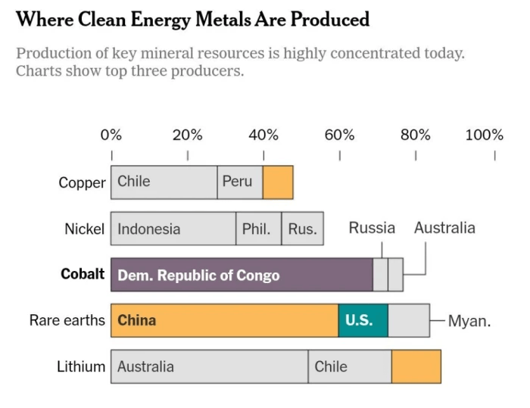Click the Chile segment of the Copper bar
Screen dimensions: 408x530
click(x=164, y=182)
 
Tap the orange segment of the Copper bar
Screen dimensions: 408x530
click(x=278, y=182)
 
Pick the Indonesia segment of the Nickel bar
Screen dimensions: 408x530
click(x=173, y=229)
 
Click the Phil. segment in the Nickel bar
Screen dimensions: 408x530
click(x=258, y=229)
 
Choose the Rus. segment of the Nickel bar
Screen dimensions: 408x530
click(x=302, y=229)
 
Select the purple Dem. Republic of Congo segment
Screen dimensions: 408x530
click(x=242, y=275)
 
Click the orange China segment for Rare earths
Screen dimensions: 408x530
click(x=224, y=320)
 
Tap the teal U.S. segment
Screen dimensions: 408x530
click(x=363, y=320)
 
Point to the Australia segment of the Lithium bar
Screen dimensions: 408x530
click(x=209, y=366)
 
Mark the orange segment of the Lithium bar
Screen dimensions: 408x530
click(x=416, y=366)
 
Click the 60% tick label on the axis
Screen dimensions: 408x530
click(x=339, y=135)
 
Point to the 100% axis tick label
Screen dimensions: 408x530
click(x=485, y=135)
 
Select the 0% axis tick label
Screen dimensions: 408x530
click(x=111, y=135)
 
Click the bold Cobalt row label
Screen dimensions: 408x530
click(x=83, y=274)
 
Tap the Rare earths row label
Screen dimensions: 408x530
click(x=67, y=320)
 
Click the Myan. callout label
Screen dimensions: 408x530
click(x=469, y=321)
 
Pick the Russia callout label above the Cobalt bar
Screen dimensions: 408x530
click(x=372, y=228)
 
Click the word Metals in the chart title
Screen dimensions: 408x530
click(x=217, y=19)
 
